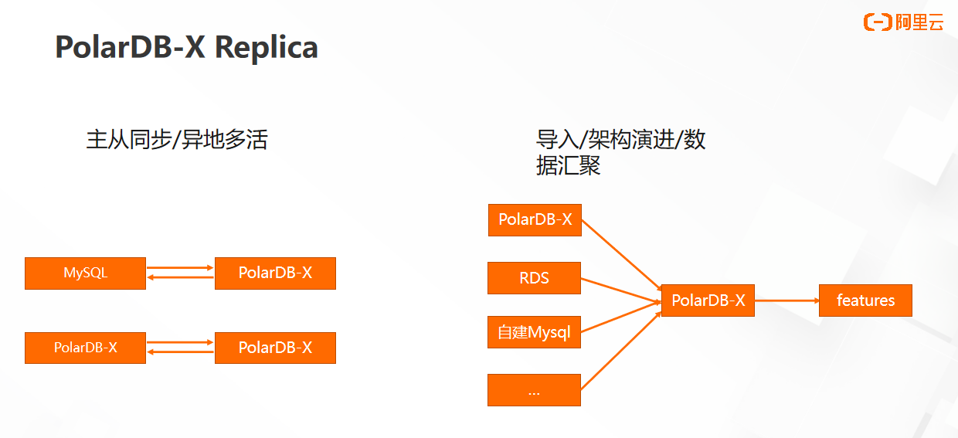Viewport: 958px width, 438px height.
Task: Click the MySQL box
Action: [85, 273]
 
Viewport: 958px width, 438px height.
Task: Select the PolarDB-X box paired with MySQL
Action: [275, 273]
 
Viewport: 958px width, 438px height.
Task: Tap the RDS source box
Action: [534, 278]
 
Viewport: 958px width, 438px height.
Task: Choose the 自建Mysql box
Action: [534, 332]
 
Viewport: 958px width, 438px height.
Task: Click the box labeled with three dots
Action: [534, 390]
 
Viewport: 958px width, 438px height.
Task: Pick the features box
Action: [865, 300]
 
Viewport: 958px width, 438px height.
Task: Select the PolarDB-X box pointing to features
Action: [708, 300]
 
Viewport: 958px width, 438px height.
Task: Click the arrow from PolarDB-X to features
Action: [786, 300]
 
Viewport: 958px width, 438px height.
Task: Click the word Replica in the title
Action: [266, 47]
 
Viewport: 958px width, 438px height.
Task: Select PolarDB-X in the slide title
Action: [130, 47]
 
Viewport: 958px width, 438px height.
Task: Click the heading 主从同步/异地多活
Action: [177, 140]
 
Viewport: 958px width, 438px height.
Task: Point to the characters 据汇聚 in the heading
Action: [568, 165]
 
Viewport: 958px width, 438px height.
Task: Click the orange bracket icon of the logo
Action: [878, 22]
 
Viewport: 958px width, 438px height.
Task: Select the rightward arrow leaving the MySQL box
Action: [180, 267]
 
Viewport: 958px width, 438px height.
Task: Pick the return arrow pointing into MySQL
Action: [180, 277]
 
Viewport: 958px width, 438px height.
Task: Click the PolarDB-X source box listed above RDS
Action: [535, 220]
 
